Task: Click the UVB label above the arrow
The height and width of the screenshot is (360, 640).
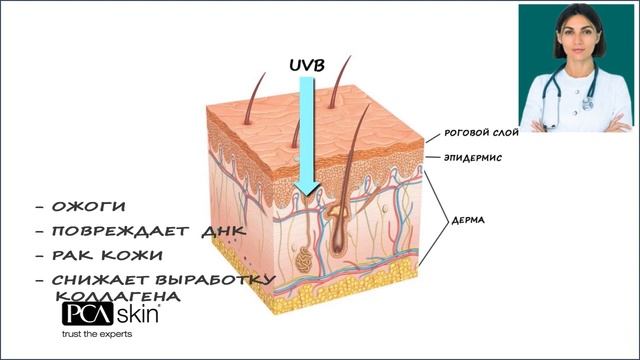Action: (307, 65)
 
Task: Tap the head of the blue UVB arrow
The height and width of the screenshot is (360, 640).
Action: (307, 189)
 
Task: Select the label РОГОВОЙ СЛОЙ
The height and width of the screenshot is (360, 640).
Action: (481, 133)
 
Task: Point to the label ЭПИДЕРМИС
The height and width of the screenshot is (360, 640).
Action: (473, 158)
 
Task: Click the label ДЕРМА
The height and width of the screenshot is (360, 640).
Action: (468, 220)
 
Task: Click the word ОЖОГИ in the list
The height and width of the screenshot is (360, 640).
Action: (89, 207)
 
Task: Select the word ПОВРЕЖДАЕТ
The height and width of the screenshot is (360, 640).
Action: (120, 231)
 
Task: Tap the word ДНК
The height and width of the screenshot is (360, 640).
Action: (224, 231)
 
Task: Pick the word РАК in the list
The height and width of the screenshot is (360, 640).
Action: (73, 256)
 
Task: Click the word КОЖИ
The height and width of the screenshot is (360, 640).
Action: (132, 256)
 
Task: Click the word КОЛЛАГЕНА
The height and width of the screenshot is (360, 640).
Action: (118, 296)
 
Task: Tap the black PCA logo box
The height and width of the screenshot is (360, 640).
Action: (88, 314)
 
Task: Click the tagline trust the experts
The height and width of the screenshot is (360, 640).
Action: (97, 334)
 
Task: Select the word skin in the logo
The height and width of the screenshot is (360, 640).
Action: (138, 314)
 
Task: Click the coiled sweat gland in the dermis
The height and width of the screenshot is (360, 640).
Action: (303, 260)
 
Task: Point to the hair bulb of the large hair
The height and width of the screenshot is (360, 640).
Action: (338, 244)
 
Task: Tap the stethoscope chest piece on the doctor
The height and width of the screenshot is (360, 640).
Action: (587, 104)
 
